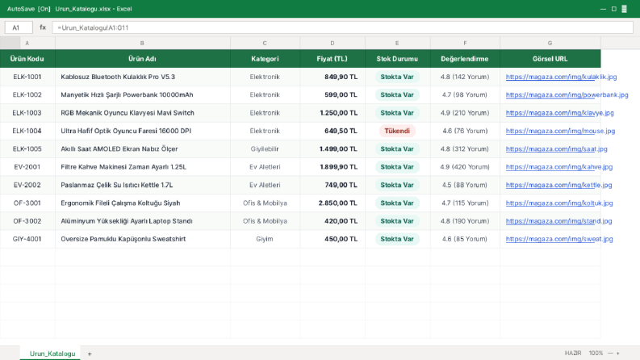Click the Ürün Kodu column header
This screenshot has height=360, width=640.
coord(27,59)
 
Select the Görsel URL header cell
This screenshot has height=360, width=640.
coord(550,59)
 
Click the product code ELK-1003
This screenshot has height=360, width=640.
coord(27,113)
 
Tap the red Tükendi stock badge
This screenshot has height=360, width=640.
coord(397,131)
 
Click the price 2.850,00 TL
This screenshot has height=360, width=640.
coord(338,203)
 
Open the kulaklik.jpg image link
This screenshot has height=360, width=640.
coord(561,77)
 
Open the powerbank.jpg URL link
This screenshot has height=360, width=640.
coord(567,94)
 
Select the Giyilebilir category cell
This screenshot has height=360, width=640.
coord(265,149)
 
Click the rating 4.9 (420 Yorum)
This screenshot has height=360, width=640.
coord(465,167)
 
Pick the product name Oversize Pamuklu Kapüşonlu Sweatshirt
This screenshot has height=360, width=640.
coord(123,239)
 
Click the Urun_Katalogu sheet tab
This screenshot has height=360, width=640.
coord(52,354)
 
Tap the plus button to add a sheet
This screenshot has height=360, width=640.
coord(90,354)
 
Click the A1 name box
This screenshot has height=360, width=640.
coord(19,27)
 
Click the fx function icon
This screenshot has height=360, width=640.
coord(43,27)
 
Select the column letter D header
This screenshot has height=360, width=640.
coord(333,43)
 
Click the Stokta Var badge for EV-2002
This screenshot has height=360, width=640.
coord(397,185)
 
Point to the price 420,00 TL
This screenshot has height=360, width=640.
coord(341,221)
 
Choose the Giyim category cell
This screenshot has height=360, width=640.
coord(265,239)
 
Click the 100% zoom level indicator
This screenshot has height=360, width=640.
coord(596,353)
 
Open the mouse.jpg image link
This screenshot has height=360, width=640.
coord(560,131)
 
